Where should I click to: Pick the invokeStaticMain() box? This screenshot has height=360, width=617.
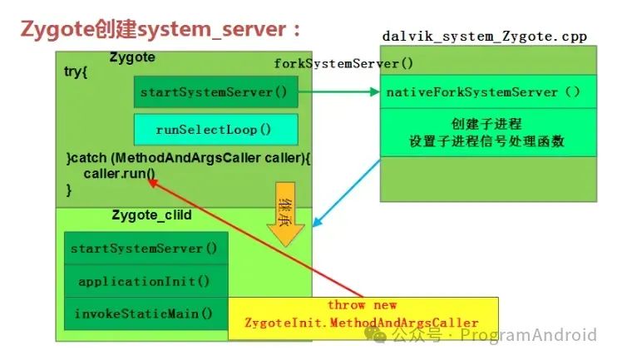pyautogui.click(x=144, y=313)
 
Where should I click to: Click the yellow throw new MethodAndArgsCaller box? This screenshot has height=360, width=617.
pyautogui.click(x=363, y=313)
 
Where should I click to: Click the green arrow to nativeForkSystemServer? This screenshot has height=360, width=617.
pyautogui.click(x=337, y=92)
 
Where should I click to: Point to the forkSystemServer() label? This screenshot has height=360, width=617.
pyautogui.click(x=343, y=63)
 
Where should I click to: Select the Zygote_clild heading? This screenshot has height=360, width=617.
pyautogui.click(x=151, y=215)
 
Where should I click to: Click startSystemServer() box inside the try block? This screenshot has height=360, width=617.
pyautogui.click(x=215, y=91)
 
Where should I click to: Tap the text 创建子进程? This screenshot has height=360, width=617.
pyautogui.click(x=488, y=124)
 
